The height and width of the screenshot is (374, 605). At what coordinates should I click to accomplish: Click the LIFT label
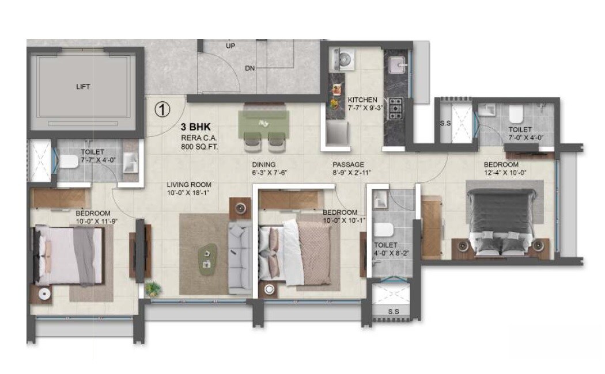pos(83,87)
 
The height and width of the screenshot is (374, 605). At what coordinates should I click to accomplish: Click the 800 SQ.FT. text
pos(200,148)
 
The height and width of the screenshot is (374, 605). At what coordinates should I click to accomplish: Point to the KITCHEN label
pos(363,100)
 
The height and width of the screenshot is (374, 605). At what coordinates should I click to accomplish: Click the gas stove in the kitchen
pos(396,107)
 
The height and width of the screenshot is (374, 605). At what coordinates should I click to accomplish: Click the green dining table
pos(265,122)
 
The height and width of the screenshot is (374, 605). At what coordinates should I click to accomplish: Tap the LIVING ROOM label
pos(189,185)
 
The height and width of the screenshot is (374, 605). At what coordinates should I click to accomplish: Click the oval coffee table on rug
pos(207,257)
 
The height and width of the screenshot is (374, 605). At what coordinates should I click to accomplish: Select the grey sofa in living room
pos(238,257)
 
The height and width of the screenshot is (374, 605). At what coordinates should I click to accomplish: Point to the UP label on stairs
pos(230,46)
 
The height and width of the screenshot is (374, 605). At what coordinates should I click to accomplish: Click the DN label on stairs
pos(249,68)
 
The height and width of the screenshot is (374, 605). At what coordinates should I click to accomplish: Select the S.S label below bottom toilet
pos(394,311)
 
